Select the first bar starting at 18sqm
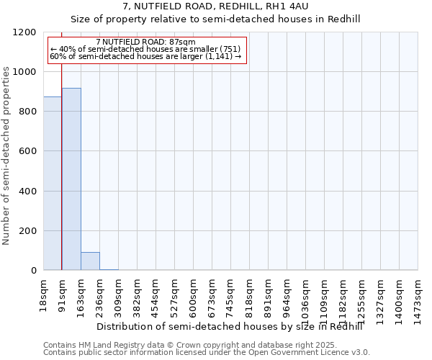point(53,183)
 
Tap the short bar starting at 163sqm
point(90,261)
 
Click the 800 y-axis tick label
point(27,112)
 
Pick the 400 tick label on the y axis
point(27,192)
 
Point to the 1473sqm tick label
point(418,294)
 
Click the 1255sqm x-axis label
point(362,294)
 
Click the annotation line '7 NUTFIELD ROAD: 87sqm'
point(145,42)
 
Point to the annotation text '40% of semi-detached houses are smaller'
point(145,50)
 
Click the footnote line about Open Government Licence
point(207,353)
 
